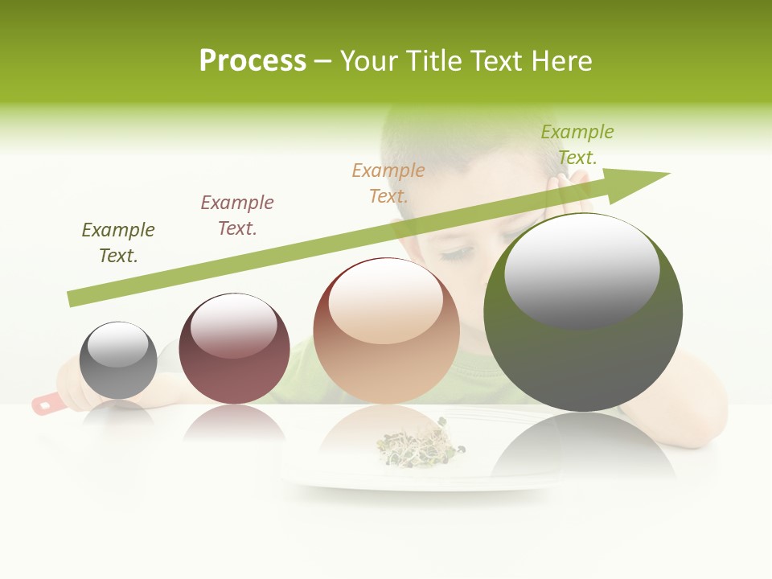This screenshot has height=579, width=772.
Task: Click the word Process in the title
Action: point(253,61)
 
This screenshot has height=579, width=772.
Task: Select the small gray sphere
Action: point(118,361)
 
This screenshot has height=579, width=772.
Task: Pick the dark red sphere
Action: point(234,349)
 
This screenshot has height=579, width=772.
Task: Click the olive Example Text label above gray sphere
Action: point(118,243)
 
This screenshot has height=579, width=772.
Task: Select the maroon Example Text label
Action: point(237,216)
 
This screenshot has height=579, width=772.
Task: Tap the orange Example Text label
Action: point(388,183)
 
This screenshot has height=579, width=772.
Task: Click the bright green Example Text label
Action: point(577,145)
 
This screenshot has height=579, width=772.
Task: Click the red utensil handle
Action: point(47,403)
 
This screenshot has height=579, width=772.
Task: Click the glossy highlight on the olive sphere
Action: point(582,269)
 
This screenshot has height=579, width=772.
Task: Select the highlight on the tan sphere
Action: point(386,299)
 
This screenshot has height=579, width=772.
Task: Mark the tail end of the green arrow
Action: point(72,298)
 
